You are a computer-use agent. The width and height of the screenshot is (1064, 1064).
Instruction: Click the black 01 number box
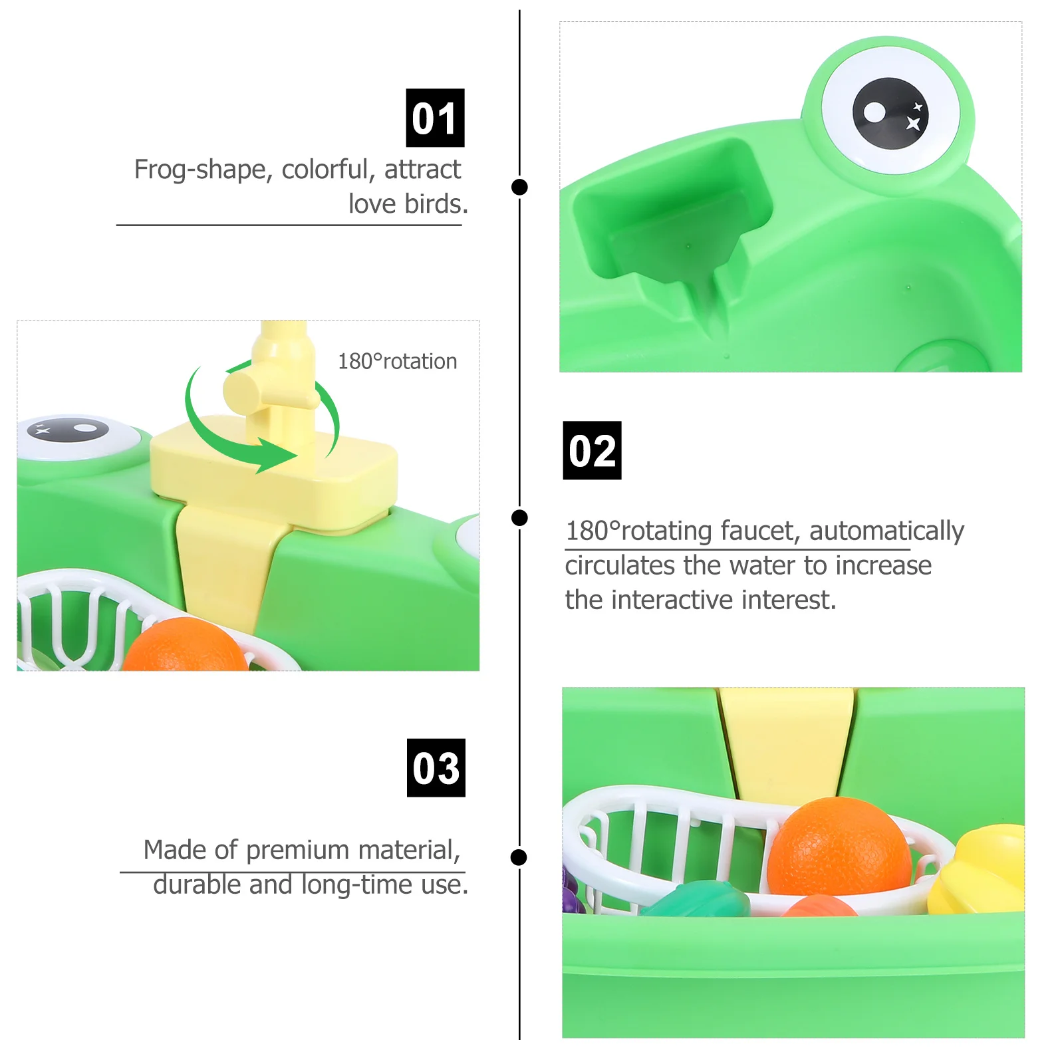[435, 118]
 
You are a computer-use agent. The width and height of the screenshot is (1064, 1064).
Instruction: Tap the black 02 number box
[592, 450]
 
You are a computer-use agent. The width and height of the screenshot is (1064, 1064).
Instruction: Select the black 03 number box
[436, 767]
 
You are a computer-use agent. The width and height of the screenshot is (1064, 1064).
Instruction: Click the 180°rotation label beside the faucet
[397, 361]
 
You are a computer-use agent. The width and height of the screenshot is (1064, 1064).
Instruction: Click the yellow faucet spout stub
[240, 391]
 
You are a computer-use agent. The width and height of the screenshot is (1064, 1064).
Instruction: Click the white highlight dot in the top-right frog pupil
[874, 112]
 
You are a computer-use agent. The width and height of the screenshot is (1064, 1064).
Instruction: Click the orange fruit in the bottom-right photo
[839, 847]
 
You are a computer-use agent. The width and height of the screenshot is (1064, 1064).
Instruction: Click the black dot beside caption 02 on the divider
[519, 517]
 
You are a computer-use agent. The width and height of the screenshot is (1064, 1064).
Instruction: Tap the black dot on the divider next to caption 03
[519, 857]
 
